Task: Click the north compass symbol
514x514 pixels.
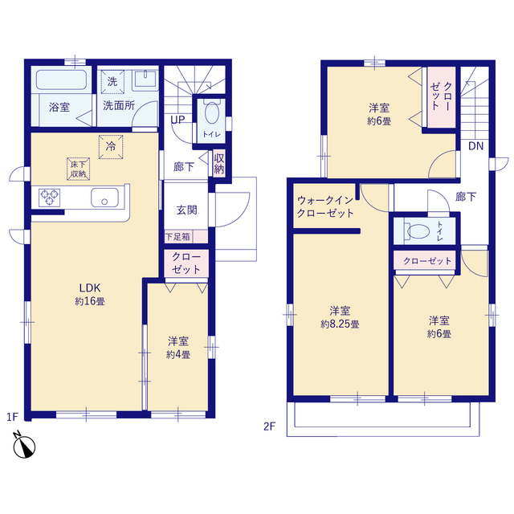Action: [24, 445]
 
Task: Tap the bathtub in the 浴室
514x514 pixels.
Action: [61, 80]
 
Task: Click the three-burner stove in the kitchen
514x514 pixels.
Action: [49, 198]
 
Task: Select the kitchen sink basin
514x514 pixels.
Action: [104, 198]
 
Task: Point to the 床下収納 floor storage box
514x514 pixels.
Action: [79, 169]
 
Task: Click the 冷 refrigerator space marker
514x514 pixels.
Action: [111, 146]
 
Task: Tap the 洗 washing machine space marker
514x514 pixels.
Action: [112, 82]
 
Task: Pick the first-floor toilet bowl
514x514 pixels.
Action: [212, 113]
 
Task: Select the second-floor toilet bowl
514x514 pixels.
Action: [418, 230]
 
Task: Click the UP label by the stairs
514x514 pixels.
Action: [177, 120]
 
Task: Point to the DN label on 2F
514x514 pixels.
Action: [475, 146]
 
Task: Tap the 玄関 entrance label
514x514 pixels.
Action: [186, 210]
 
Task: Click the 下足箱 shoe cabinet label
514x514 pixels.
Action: [177, 237]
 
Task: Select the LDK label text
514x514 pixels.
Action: [90, 288]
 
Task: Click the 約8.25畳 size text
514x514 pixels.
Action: [340, 324]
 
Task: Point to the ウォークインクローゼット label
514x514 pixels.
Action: [325, 206]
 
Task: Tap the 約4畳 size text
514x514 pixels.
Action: [178, 355]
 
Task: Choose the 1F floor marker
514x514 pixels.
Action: [13, 417]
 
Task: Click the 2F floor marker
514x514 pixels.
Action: [270, 426]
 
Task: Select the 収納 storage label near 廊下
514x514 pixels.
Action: [219, 164]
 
